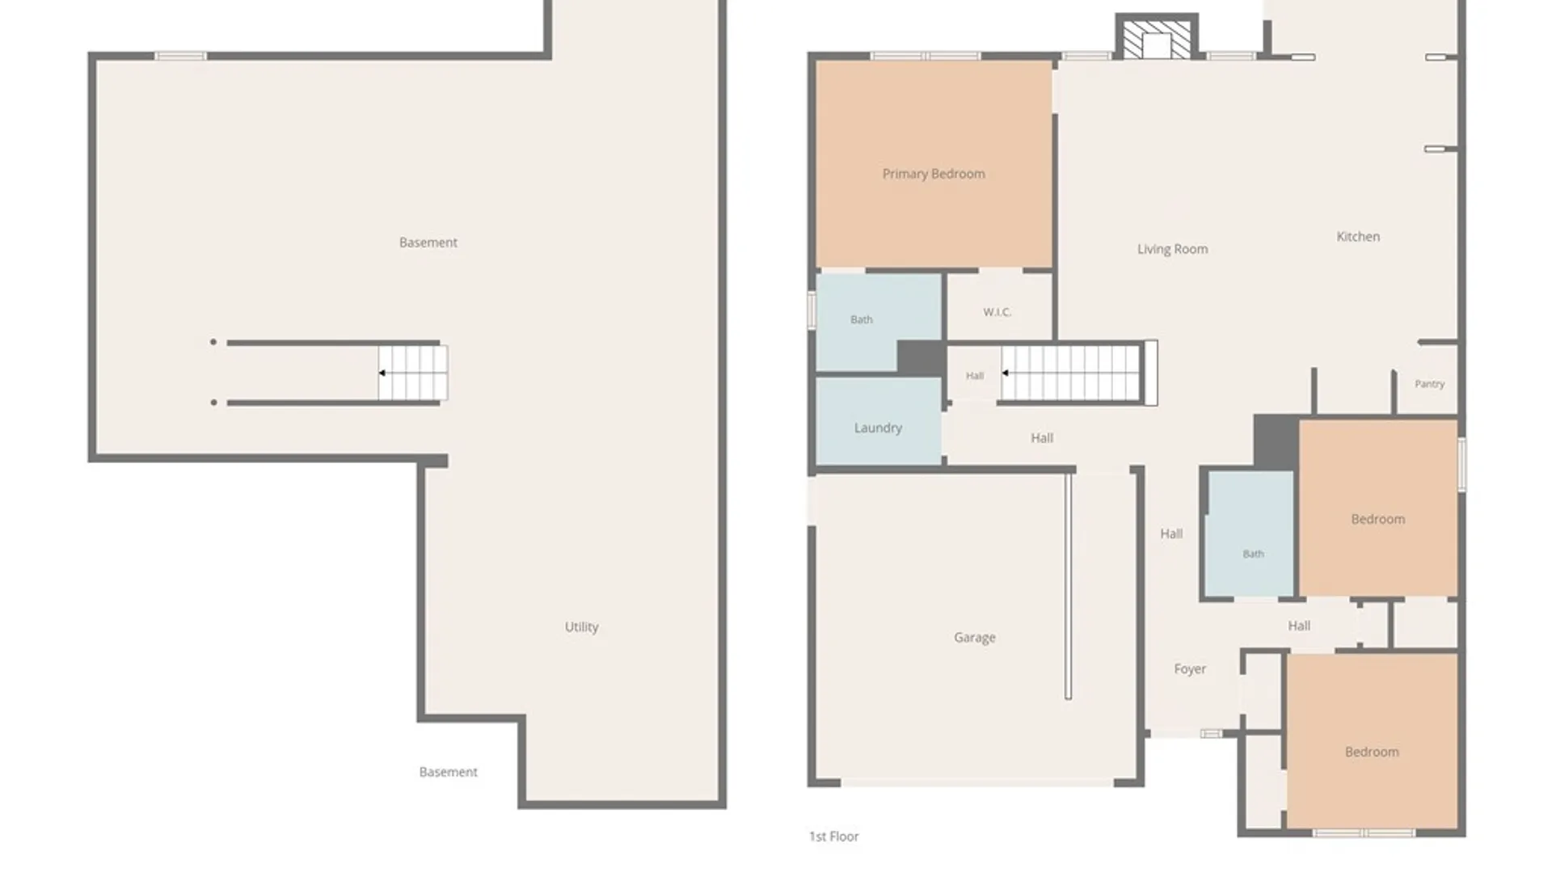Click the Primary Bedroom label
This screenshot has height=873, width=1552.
pos(934,174)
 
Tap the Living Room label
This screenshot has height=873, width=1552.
pos(1172,249)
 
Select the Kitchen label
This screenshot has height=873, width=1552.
pos(1358,237)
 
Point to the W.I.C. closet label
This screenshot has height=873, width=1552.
pos(997,312)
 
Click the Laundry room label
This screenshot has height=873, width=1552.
pos(878,428)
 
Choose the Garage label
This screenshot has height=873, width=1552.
pos(974,638)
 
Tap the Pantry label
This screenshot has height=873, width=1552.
pos(1429,384)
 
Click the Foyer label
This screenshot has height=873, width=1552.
pos(1190,669)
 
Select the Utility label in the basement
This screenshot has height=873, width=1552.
pos(581,626)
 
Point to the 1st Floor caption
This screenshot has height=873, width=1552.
pos(833,837)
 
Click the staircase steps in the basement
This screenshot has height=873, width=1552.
pos(413,373)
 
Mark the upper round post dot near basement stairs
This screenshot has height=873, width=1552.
pos(213,342)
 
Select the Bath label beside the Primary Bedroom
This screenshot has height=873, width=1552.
pos(862,320)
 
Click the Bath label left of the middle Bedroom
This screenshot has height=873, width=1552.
pos(1253,554)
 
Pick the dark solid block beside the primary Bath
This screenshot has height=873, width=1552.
pos(921,358)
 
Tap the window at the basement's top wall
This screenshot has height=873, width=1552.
pos(180,56)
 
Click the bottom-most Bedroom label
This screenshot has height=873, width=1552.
pos(1372,752)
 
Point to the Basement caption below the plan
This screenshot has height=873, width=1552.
pos(448,772)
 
